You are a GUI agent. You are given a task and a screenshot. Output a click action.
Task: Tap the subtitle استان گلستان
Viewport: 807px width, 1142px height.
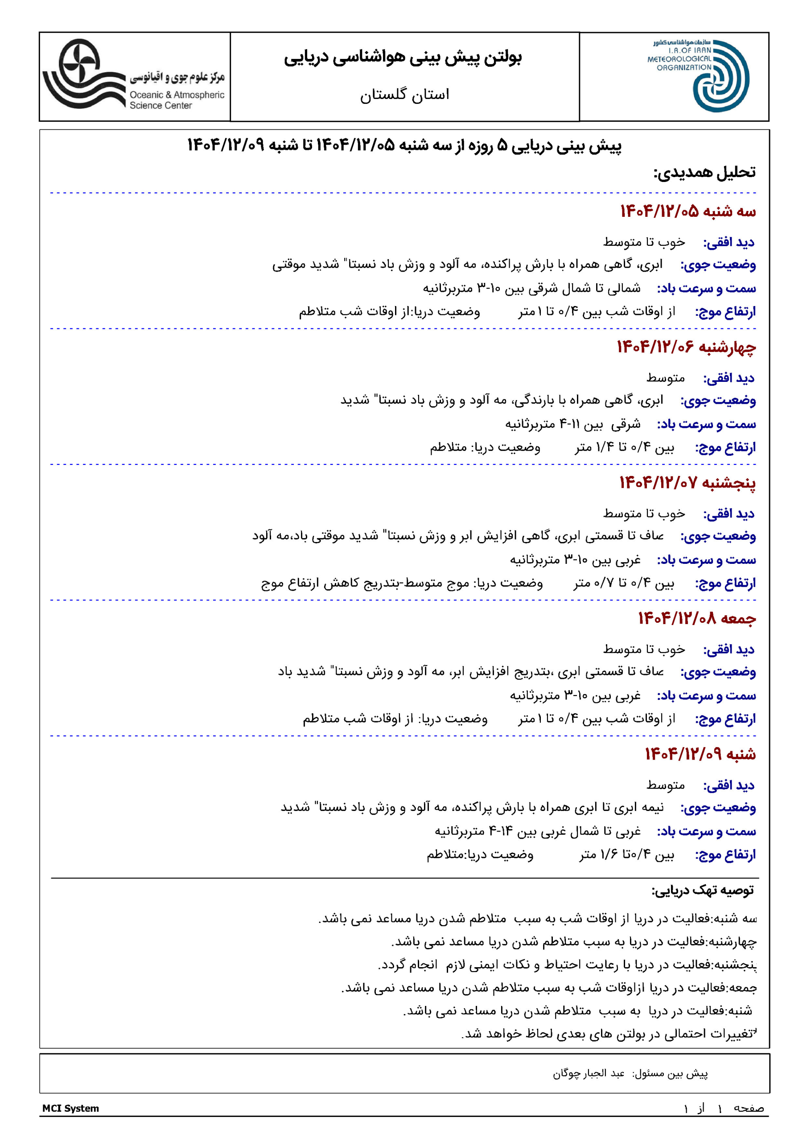click(x=404, y=94)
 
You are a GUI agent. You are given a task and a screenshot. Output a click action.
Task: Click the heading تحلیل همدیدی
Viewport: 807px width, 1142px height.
click(x=704, y=172)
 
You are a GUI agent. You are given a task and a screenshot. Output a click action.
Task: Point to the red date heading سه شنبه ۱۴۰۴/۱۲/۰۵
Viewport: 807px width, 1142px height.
click(x=688, y=211)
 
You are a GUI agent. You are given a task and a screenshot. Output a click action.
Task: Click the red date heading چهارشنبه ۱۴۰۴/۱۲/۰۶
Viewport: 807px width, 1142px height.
click(x=686, y=347)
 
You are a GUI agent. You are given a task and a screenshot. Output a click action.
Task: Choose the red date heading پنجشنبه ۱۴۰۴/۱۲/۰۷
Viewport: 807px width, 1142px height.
click(x=687, y=483)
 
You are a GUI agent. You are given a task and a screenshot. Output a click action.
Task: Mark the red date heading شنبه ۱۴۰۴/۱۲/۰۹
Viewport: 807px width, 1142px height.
click(x=700, y=754)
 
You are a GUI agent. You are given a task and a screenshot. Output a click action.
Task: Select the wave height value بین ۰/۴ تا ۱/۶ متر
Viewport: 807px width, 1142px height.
click(x=626, y=855)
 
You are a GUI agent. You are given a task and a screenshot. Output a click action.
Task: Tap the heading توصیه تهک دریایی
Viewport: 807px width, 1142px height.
click(x=703, y=890)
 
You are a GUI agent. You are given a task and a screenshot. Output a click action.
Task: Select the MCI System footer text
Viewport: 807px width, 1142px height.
click(x=70, y=1108)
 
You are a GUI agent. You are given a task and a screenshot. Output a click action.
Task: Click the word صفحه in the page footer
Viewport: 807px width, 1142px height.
click(x=748, y=1108)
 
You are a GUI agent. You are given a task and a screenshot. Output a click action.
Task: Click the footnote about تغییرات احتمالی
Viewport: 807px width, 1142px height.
click(x=609, y=1034)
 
